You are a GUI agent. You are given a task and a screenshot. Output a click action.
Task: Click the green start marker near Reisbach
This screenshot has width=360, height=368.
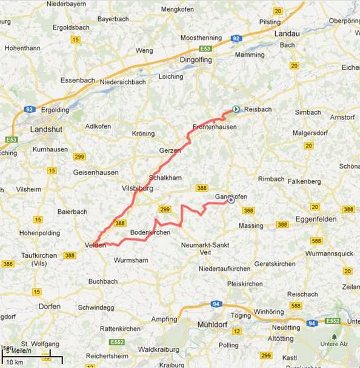coord(236,110)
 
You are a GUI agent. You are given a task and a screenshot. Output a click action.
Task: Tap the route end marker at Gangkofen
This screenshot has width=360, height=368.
coord(231,201)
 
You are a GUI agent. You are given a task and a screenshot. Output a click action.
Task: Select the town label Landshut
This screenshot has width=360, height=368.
coord(47,129)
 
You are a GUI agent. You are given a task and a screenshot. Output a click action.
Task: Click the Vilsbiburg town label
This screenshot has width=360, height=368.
coord(138,189)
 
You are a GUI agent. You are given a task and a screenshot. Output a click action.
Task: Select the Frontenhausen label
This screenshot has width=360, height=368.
coord(214,127)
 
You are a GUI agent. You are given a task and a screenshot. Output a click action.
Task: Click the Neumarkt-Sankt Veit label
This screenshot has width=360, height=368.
coord(205,249)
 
